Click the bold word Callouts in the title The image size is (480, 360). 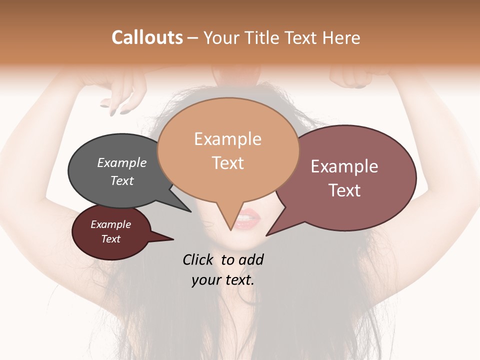click(147, 37)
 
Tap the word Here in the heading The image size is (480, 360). click(342, 37)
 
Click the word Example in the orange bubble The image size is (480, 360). click(227, 139)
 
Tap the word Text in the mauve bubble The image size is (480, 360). click(344, 190)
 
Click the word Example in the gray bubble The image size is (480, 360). click(122, 162)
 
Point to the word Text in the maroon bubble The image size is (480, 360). click(111, 239)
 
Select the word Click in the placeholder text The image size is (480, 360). click(198, 259)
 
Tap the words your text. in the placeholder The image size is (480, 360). click(223, 280)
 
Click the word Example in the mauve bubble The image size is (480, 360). click(344, 166)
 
